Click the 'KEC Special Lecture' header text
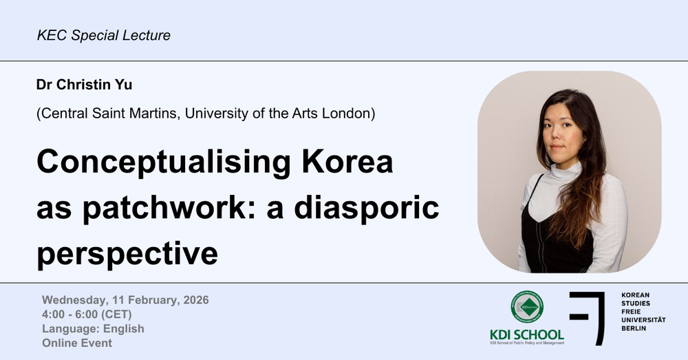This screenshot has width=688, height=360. [104, 34]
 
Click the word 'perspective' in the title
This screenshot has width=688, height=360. [127, 253]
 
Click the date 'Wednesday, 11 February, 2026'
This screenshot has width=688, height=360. [125, 300]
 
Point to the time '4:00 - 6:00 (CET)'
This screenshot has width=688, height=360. [87, 315]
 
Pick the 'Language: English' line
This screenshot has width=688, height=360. [93, 328]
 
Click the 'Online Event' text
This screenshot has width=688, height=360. [77, 343]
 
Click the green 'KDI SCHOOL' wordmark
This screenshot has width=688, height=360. [526, 335]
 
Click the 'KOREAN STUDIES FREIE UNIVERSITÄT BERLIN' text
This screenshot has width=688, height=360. [644, 312]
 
